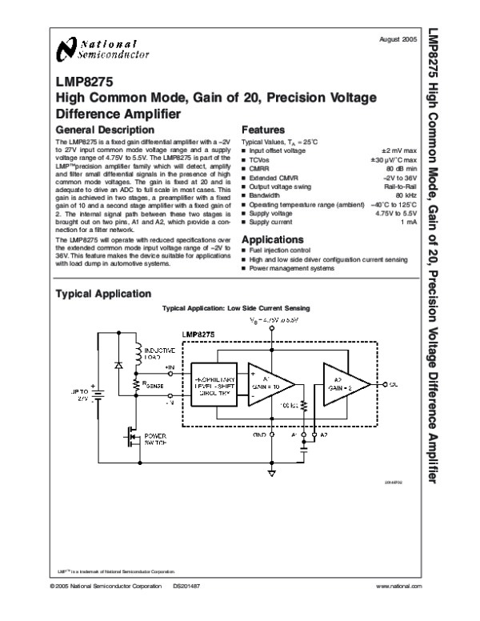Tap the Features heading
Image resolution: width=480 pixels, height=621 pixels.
(x=262, y=130)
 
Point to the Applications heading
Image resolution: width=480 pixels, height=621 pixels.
(x=274, y=239)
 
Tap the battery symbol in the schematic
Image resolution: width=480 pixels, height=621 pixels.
(x=98, y=393)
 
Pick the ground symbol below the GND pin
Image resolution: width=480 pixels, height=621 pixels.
(x=272, y=474)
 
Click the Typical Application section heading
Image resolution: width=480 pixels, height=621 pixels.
(x=99, y=294)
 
